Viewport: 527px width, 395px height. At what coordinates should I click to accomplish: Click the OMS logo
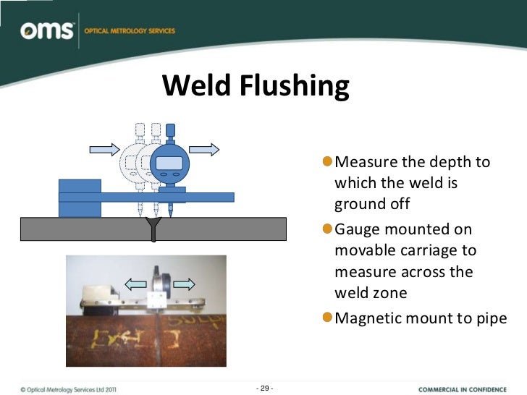(48, 31)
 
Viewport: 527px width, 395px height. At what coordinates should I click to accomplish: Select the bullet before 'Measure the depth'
(328, 161)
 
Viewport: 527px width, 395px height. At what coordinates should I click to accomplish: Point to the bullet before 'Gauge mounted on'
(328, 229)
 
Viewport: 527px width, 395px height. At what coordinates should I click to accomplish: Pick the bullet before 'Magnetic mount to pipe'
(328, 318)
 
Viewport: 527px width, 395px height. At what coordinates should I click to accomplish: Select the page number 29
(265, 388)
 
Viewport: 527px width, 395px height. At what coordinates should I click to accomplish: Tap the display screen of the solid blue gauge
(169, 163)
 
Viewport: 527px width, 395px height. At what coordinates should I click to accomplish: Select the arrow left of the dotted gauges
(104, 150)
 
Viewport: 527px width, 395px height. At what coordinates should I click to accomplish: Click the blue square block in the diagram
(80, 197)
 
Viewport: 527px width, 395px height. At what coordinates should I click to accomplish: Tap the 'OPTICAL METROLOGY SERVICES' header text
(130, 31)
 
